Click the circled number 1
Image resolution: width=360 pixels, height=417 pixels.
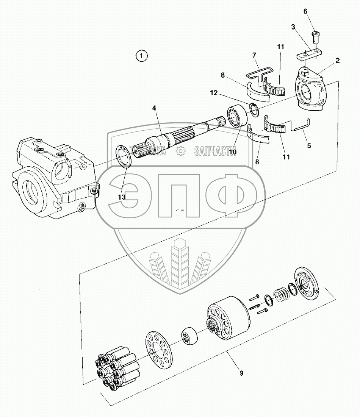[141, 56]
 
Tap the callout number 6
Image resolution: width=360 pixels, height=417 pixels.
[305, 12]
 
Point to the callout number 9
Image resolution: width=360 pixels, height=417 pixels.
[241, 373]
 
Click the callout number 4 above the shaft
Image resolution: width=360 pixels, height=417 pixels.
[154, 108]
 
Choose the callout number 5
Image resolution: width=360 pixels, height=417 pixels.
[309, 145]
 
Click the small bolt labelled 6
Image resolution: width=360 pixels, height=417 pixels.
[315, 37]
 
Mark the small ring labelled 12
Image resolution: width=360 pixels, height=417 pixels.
[254, 109]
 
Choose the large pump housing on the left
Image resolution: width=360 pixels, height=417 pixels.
[53, 178]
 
